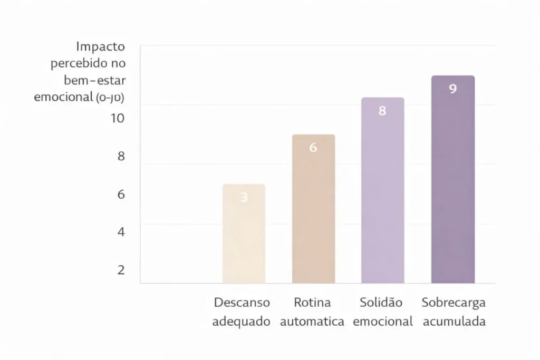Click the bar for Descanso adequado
[x=244, y=235]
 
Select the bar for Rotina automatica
[x=313, y=211]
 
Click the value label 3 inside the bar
[x=244, y=198]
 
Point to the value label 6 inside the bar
[x=313, y=148]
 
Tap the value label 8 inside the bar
[x=382, y=111]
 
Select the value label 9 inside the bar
[x=452, y=89]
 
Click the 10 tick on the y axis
[x=117, y=118]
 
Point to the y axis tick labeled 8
[x=121, y=157]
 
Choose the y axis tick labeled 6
[x=121, y=194]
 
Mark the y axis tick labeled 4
[x=121, y=231]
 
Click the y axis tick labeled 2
[x=121, y=270]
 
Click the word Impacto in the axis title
[x=100, y=46]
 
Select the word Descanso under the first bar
[x=242, y=303]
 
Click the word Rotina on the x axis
[x=312, y=303]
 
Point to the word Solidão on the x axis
[x=381, y=303]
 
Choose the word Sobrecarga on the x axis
[x=454, y=303]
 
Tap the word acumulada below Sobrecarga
[x=454, y=322]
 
